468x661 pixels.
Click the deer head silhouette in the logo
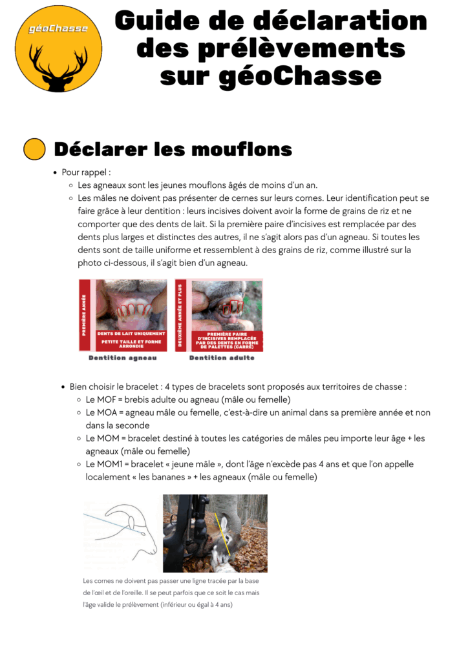tap(58, 65)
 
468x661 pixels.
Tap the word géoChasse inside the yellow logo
tap(59, 28)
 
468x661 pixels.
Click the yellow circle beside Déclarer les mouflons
tap(34, 149)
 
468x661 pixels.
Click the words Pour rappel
tap(87, 172)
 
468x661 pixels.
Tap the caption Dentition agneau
tap(123, 358)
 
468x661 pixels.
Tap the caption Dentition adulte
tap(222, 358)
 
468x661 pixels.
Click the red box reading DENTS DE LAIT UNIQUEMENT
tap(131, 333)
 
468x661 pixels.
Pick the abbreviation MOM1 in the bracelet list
tap(108, 464)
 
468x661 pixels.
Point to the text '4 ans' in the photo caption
tap(221, 605)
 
